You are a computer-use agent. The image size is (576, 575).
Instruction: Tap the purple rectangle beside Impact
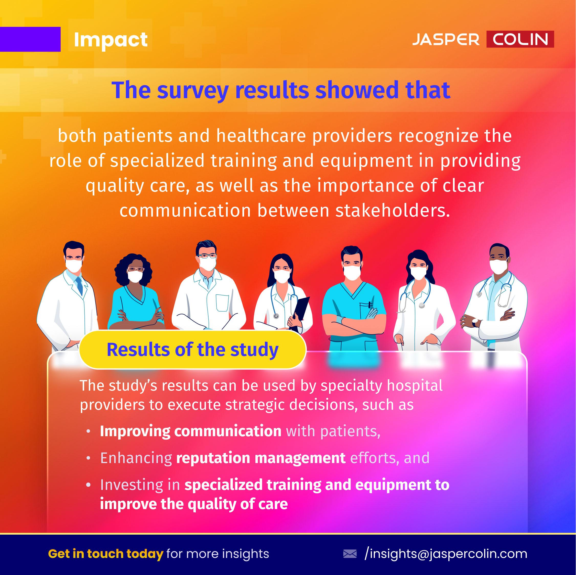pyautogui.click(x=30, y=39)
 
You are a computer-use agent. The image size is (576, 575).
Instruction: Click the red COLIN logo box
pyautogui.click(x=520, y=39)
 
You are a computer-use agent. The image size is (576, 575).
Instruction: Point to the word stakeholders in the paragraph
pyautogui.click(x=392, y=211)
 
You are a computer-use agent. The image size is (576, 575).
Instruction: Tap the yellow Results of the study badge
pyautogui.click(x=193, y=349)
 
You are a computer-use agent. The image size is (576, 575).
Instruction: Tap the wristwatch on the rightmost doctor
pyautogui.click(x=475, y=322)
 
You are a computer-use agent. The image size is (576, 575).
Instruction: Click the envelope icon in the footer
pyautogui.click(x=350, y=554)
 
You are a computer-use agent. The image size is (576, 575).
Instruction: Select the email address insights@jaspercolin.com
pyautogui.click(x=446, y=554)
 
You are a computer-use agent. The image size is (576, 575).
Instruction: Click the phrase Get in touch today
pyautogui.click(x=105, y=554)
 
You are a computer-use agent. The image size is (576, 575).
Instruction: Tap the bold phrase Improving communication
pyautogui.click(x=191, y=431)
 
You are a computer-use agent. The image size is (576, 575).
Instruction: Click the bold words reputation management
pyautogui.click(x=261, y=458)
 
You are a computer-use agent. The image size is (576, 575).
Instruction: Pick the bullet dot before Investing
pyautogui.click(x=88, y=485)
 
